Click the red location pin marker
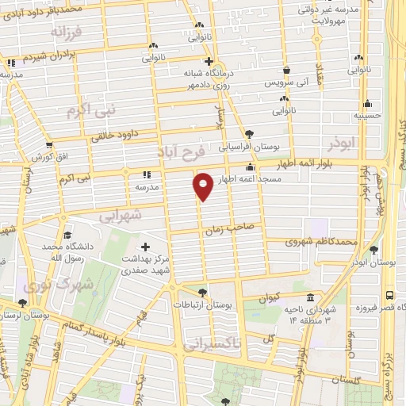coord(204,186)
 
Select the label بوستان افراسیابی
coord(245,147)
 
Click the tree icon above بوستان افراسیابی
coord(251,134)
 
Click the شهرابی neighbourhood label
coord(120,215)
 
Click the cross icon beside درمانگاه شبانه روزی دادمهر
coord(208,61)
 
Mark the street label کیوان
coord(270,298)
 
